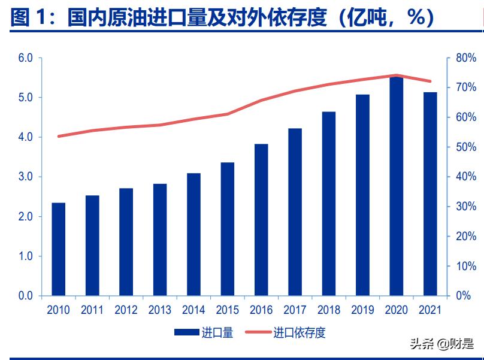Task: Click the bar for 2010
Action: pos(59,249)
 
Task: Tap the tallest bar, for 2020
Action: pos(396,186)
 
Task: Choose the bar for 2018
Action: pos(328,204)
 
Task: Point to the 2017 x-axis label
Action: pos(295,310)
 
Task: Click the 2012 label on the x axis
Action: pos(126,310)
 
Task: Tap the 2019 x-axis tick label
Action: pos(362,310)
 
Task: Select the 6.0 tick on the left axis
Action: pos(25,58)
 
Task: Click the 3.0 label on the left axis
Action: pos(25,177)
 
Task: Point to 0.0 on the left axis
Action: pos(25,295)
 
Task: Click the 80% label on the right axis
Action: pos(466,58)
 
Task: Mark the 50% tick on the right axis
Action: pos(466,147)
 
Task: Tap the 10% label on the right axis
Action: pos(466,266)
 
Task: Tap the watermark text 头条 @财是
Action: pos(440,344)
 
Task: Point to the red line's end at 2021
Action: pos(429,81)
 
